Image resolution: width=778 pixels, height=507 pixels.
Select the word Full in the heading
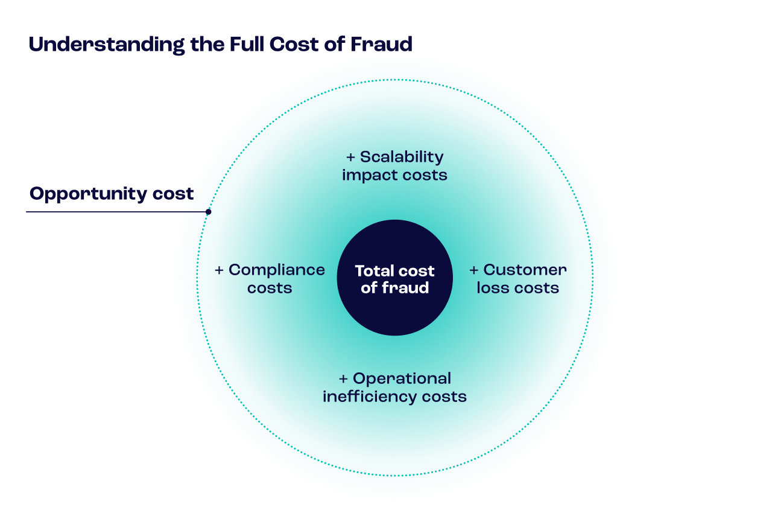pos(247,45)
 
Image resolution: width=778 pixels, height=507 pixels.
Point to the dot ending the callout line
pos(208,212)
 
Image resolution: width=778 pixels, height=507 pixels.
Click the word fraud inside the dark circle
pos(405,288)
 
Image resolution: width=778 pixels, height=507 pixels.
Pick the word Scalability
pos(402,157)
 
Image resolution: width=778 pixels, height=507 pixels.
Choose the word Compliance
pos(277,270)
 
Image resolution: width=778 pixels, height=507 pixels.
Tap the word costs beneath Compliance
pos(270,288)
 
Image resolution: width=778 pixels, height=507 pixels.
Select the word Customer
pos(525,270)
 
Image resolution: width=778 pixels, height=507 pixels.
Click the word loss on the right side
pos(490,288)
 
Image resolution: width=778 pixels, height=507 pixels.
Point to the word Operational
pos(402,378)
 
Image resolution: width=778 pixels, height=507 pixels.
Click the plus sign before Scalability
pos(350,158)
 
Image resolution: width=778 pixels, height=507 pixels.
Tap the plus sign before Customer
pos(474,270)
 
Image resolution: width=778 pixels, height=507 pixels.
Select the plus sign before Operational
pos(343,379)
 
